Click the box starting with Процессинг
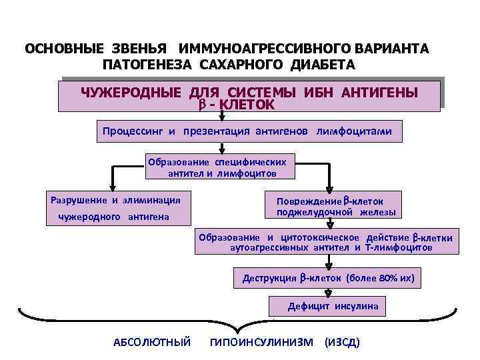(251, 131)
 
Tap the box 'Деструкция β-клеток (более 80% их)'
(327, 278)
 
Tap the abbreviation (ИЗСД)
(341, 342)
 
